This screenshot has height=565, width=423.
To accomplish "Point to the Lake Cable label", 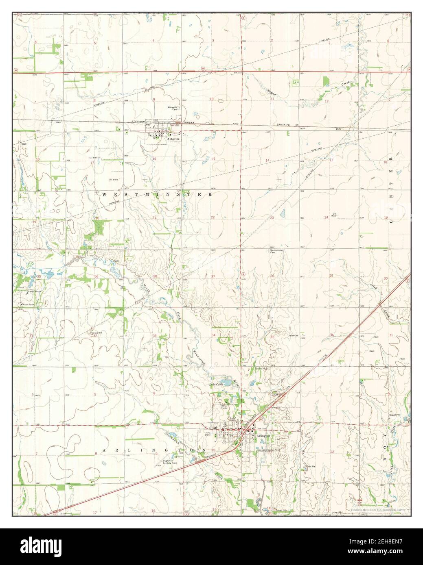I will pos(217,384).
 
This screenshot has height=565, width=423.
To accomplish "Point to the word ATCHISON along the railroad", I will pos(139,121).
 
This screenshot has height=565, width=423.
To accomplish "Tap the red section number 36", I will pos(332,335).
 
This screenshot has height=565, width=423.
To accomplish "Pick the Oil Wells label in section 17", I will pos(113,179).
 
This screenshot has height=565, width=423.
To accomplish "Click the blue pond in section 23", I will pos(281,213).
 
